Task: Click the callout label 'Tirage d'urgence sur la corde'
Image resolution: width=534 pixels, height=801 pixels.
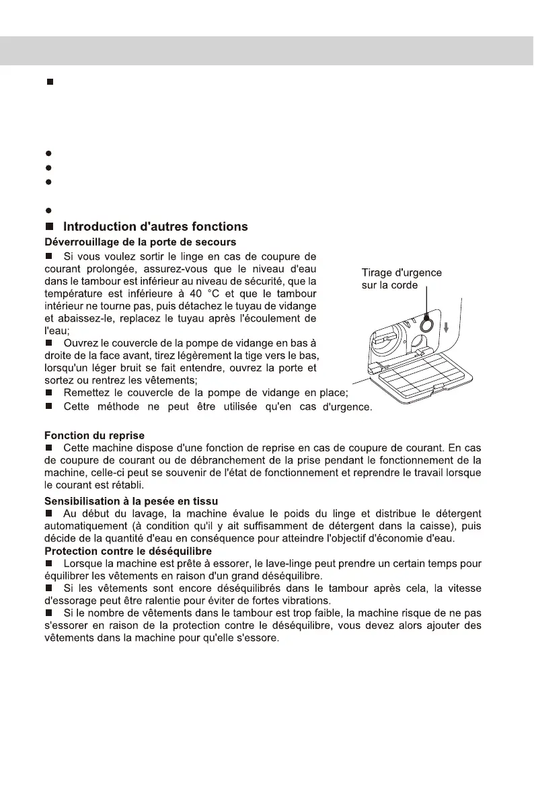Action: pos(402,278)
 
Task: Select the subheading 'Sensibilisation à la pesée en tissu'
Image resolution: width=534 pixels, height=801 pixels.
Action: pos(130,500)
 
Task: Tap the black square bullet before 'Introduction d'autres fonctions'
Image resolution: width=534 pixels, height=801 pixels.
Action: pos(49,227)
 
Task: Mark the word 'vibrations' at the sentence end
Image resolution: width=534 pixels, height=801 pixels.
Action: pos(304,600)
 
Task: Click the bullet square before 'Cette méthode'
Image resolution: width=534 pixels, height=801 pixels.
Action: pos(49,407)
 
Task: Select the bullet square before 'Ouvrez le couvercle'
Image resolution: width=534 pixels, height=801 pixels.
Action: pos(49,344)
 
